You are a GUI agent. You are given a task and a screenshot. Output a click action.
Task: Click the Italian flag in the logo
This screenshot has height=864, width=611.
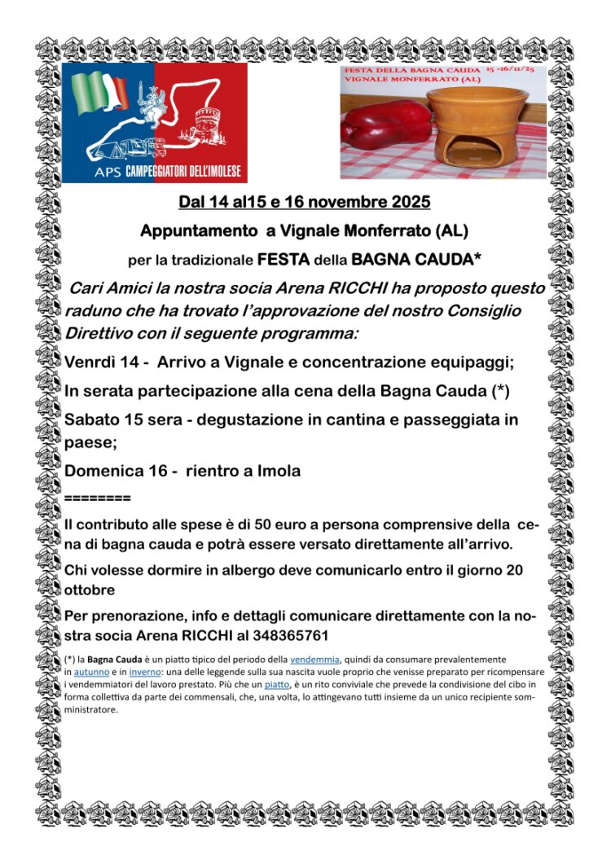click(101, 94)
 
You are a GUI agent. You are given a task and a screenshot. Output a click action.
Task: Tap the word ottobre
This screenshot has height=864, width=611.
click(90, 589)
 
